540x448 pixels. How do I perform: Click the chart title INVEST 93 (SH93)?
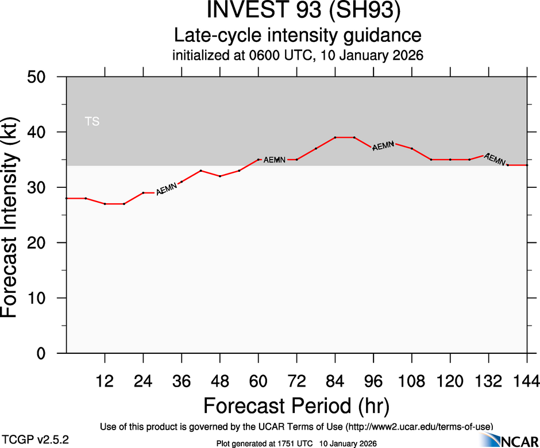(x=298, y=11)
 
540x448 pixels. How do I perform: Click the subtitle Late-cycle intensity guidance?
(x=298, y=35)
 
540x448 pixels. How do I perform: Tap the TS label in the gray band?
(x=92, y=122)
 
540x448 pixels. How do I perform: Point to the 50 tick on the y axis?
(x=40, y=77)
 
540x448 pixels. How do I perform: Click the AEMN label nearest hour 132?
(x=495, y=159)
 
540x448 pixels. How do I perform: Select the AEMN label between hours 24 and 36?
(x=167, y=188)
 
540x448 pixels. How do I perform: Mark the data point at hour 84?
(x=335, y=137)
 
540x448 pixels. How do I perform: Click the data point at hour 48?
(x=220, y=176)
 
